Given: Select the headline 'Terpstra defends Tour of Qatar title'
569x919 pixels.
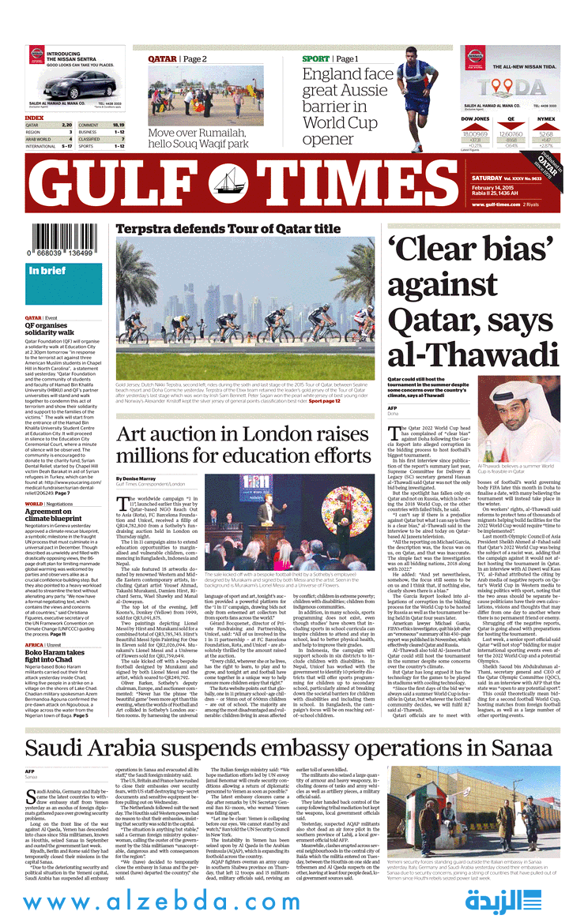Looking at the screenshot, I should pos(228,229).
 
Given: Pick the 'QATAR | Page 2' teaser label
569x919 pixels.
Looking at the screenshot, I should pos(178,59).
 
